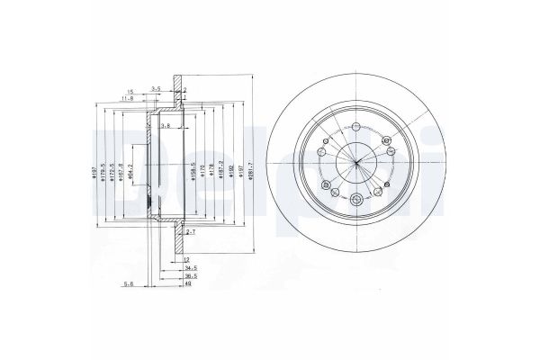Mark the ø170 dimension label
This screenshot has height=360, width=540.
pyautogui.click(x=203, y=168)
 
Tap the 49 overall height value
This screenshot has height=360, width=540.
pyautogui.click(x=187, y=286)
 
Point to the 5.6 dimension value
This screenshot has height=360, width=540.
pyautogui.click(x=129, y=285)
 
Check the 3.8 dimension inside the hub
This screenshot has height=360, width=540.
pyautogui.click(x=165, y=126)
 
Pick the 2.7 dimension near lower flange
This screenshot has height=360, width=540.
pyautogui.click(x=189, y=232)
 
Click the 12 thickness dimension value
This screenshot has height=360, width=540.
pyautogui.click(x=186, y=259)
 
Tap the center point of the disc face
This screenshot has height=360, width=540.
pyautogui.click(x=355, y=162)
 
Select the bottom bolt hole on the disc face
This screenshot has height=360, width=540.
pyautogui.click(x=357, y=199)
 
